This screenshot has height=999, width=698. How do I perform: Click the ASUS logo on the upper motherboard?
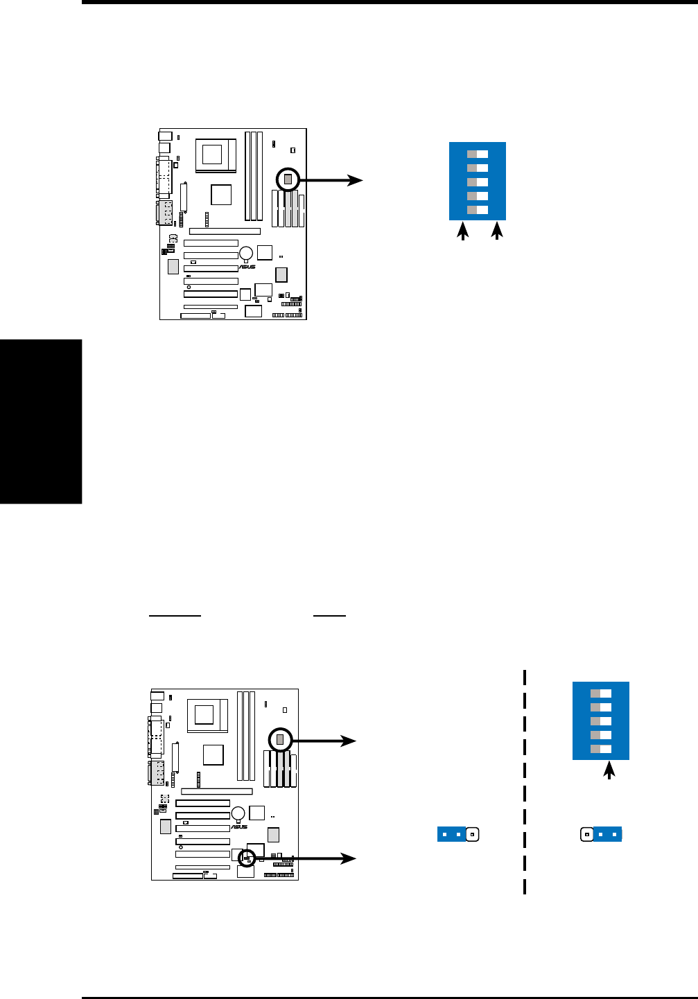(x=247, y=267)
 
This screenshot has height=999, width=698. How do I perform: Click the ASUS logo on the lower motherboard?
(x=238, y=827)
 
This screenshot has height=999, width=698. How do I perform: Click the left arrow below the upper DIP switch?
(x=462, y=231)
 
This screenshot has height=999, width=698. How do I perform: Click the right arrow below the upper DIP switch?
(x=496, y=231)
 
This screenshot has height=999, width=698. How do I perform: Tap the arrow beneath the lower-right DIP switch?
(x=609, y=770)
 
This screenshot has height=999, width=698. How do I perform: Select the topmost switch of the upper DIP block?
(x=478, y=154)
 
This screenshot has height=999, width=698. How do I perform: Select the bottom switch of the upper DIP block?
(x=478, y=210)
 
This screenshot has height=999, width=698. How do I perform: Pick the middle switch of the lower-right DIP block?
(x=601, y=721)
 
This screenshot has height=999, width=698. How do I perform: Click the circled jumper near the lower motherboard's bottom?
(x=246, y=858)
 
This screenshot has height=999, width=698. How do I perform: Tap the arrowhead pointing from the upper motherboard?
(x=356, y=180)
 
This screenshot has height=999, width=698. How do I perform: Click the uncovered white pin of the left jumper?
(x=472, y=834)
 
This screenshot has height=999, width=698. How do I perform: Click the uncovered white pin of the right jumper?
(x=586, y=834)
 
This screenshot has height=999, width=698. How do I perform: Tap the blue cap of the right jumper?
(x=607, y=834)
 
